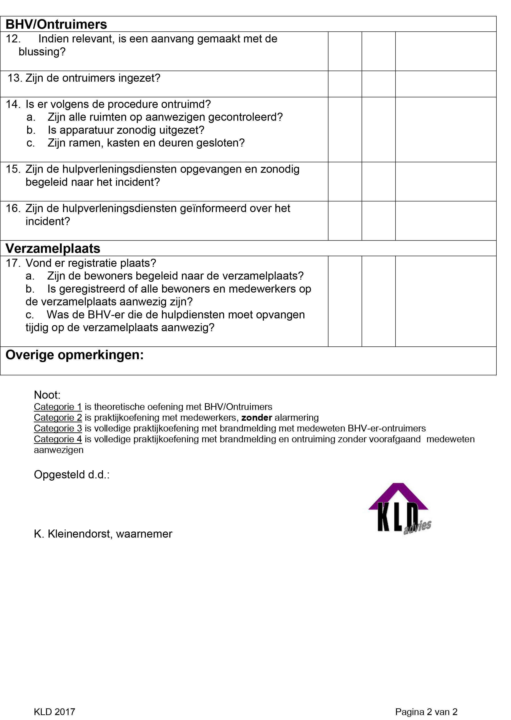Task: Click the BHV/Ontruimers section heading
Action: [x=56, y=24]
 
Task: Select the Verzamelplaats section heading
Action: [x=53, y=248]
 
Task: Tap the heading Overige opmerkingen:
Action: [x=75, y=355]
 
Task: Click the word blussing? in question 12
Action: [x=42, y=52]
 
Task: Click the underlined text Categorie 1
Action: [x=58, y=407]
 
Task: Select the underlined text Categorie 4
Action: [x=58, y=439]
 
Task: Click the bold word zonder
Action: [x=257, y=418]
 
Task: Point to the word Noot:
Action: [x=47, y=395]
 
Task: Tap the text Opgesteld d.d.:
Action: [x=72, y=475]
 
